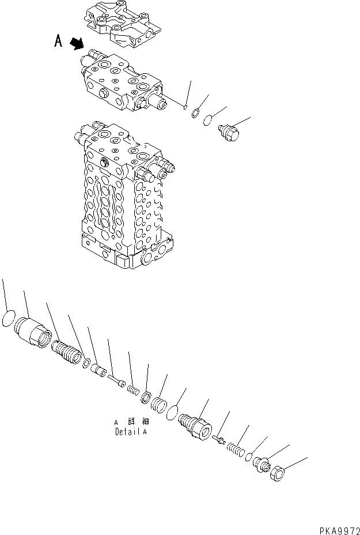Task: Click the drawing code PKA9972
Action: click(339, 528)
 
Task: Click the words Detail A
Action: click(131, 431)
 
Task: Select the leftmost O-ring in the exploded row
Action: click(9, 319)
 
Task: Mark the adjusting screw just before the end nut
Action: click(262, 464)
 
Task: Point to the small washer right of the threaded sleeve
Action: click(85, 364)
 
